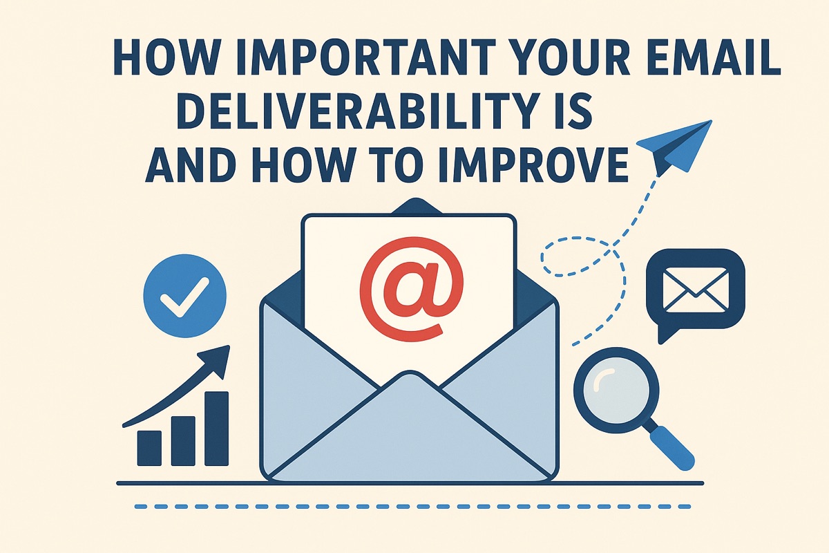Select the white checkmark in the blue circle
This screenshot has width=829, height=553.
pos(184,298)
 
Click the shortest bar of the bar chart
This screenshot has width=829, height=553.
pos(149,447)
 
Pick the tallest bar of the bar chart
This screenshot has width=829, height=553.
pos(217,428)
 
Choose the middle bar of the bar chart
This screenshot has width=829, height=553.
pos(183,440)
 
